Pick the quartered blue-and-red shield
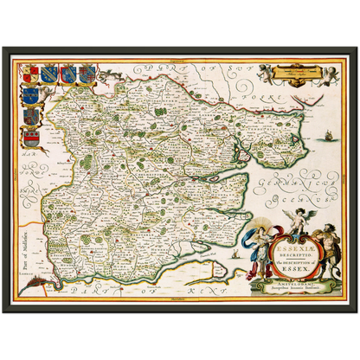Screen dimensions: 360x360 click(x=30, y=115)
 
